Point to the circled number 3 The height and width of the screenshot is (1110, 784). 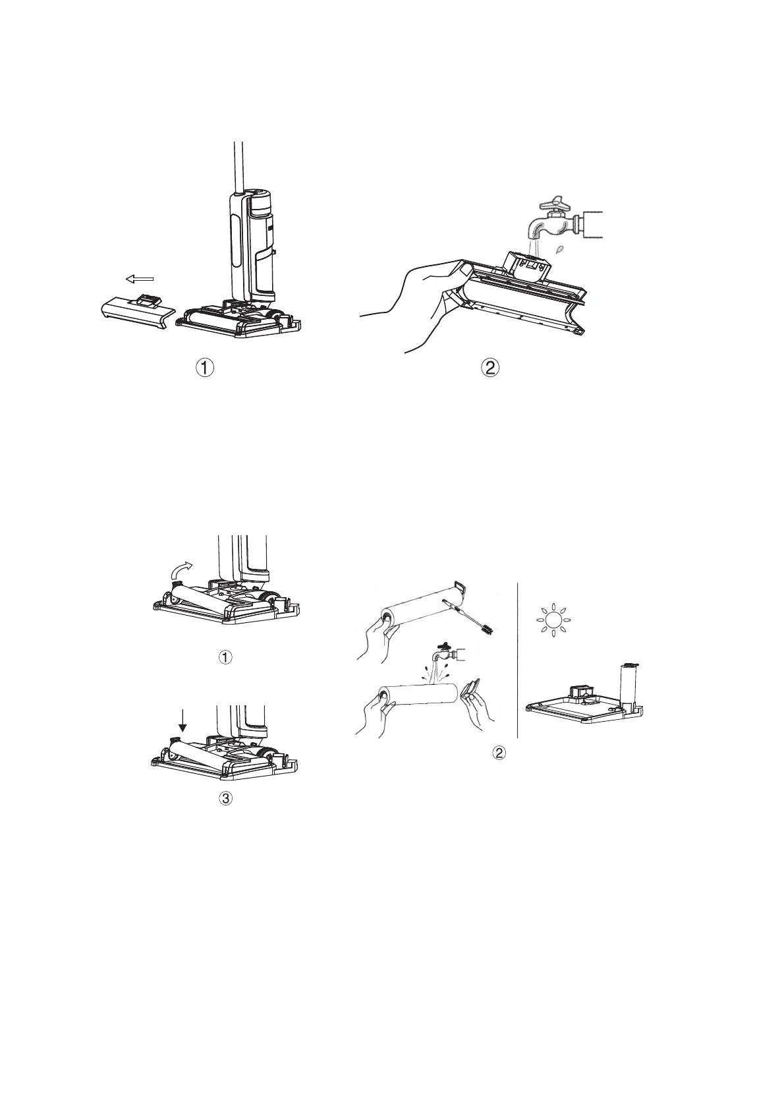[x=225, y=798]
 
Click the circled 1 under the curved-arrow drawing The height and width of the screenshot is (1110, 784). [x=225, y=657]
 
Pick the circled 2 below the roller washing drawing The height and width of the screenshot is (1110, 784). [x=500, y=753]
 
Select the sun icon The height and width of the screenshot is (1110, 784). [x=552, y=620]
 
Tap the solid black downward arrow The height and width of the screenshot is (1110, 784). [x=183, y=726]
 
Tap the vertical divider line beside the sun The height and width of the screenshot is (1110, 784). [x=518, y=659]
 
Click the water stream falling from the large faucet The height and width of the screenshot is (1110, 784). [x=534, y=248]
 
